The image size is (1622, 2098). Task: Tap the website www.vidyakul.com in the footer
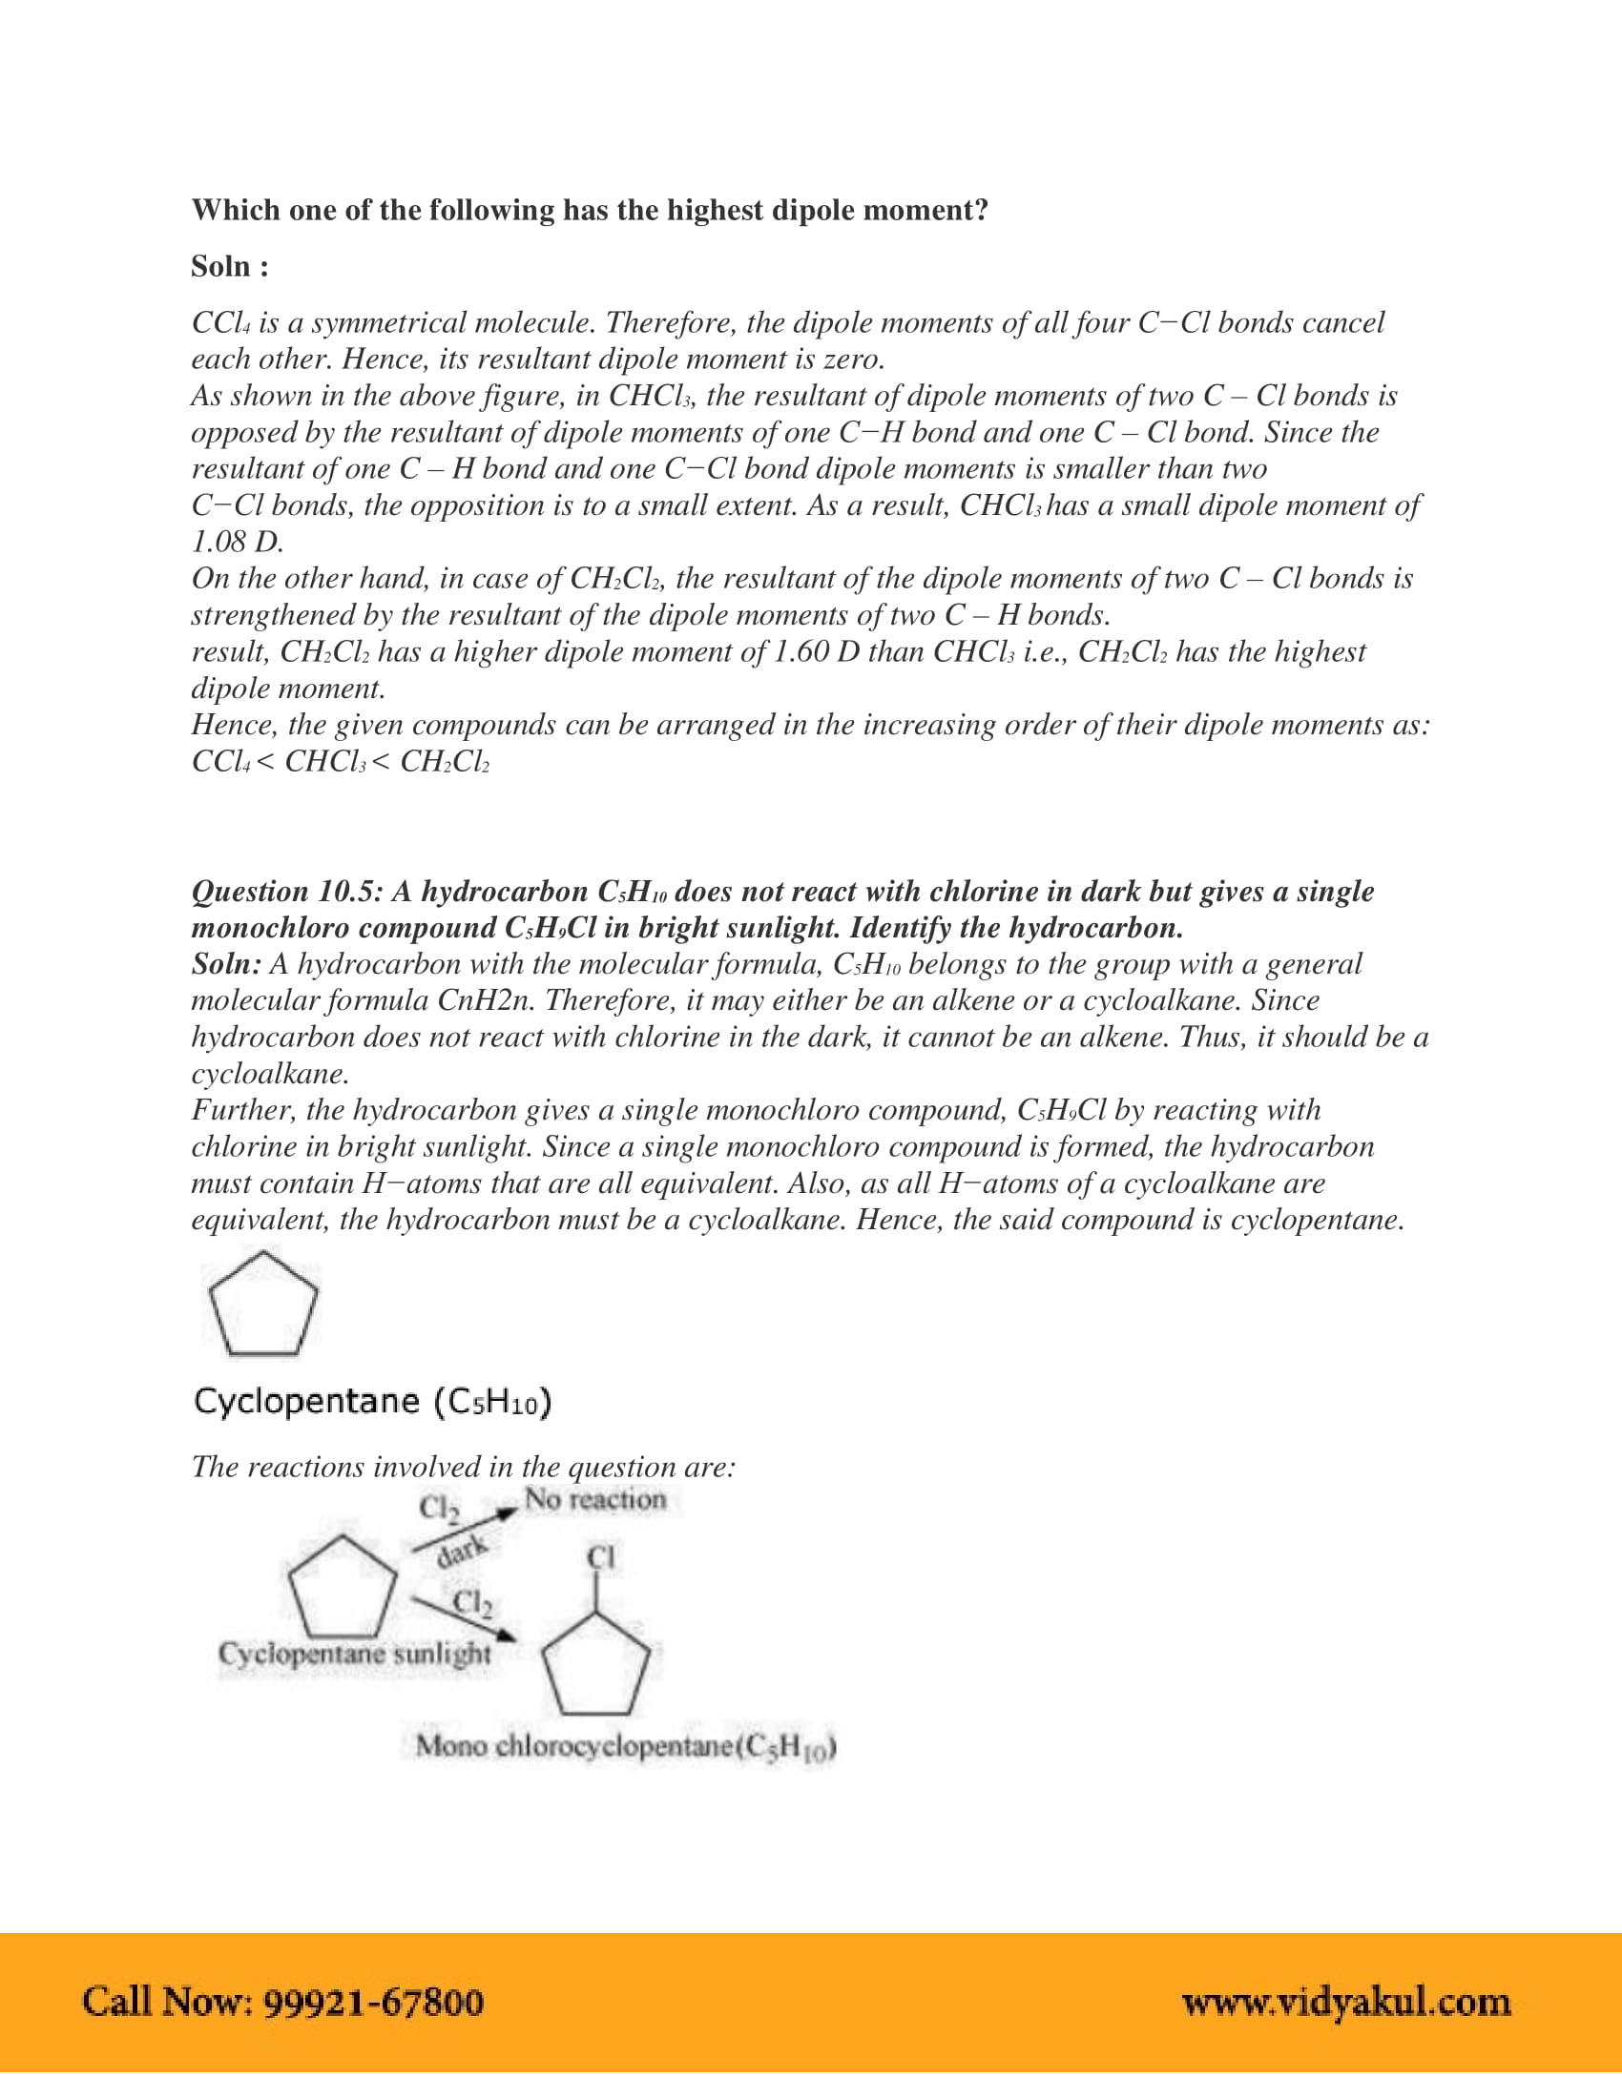pyautogui.click(x=1345, y=2002)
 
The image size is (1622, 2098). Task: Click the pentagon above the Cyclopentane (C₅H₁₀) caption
pyautogui.click(x=262, y=1304)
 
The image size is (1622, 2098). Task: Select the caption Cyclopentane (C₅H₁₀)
pyautogui.click(x=373, y=1402)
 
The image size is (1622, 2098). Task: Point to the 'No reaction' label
pyautogui.click(x=594, y=1499)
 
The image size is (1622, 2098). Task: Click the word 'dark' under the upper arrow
pyautogui.click(x=462, y=1551)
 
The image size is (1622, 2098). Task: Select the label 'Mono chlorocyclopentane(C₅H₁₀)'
pyautogui.click(x=626, y=1745)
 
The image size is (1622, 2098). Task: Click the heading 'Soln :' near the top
pyautogui.click(x=230, y=266)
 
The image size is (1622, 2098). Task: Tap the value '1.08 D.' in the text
pyautogui.click(x=238, y=542)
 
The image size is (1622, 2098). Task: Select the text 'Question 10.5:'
pyautogui.click(x=286, y=892)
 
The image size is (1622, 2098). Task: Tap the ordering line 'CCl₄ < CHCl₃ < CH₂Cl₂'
pyautogui.click(x=341, y=762)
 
